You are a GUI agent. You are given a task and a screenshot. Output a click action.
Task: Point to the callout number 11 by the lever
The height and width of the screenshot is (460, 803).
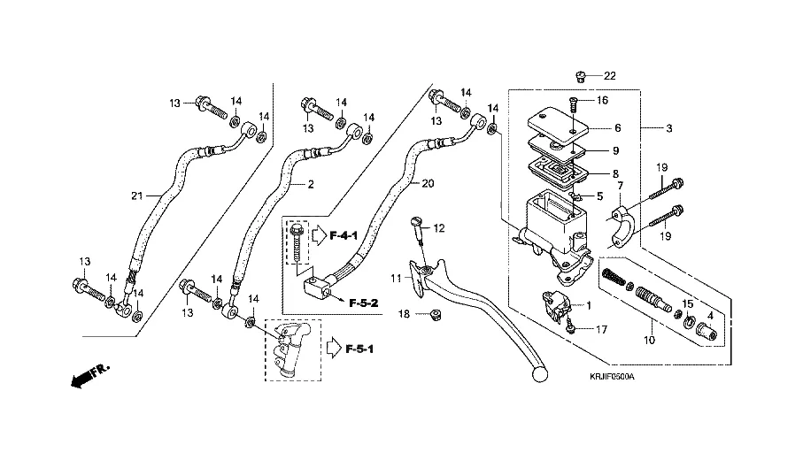(x=396, y=279)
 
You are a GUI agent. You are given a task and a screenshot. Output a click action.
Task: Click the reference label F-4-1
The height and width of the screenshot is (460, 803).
(x=343, y=236)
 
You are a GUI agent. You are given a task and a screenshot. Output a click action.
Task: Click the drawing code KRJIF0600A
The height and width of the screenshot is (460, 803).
(x=612, y=376)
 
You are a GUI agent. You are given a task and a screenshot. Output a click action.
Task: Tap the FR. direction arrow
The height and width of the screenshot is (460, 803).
(x=85, y=376)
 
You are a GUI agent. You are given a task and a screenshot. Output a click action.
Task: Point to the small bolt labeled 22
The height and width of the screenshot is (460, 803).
(x=579, y=75)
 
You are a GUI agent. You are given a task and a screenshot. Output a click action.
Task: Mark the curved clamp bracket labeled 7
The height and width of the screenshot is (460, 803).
(x=625, y=224)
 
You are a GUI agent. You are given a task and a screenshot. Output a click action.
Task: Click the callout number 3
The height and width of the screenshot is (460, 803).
(x=669, y=128)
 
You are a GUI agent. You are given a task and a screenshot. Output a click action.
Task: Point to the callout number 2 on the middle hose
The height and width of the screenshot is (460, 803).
(x=312, y=185)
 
